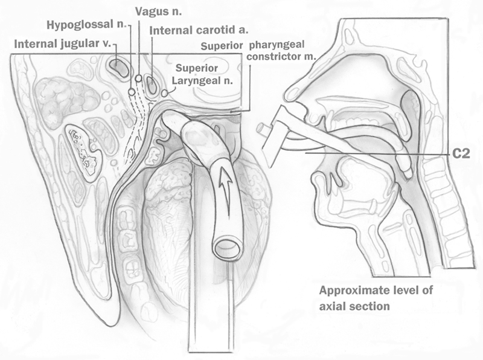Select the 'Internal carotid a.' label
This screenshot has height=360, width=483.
190,29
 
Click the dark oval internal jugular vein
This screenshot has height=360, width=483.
118,66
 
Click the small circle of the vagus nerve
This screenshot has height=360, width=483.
139,79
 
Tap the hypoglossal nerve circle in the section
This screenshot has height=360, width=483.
132,92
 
